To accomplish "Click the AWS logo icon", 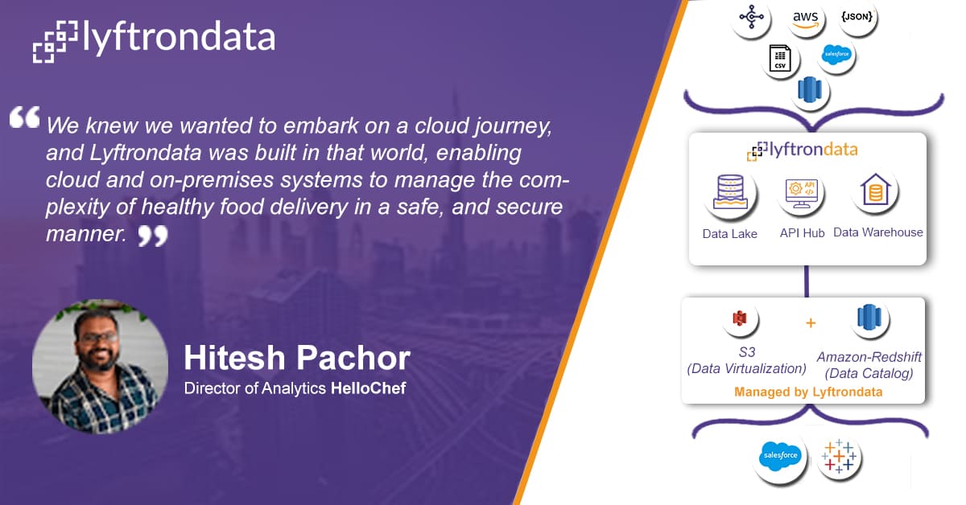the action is click(x=805, y=19).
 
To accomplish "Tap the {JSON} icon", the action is click(x=857, y=16).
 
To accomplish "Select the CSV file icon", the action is click(x=780, y=58).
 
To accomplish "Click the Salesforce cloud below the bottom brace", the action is click(x=780, y=455).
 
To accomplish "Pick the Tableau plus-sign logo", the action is click(x=839, y=456).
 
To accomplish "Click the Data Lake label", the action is click(x=729, y=234).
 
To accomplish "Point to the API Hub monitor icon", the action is click(x=801, y=194).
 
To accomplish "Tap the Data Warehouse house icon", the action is click(x=876, y=190).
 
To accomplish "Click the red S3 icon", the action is click(x=740, y=319).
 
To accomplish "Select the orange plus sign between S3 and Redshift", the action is click(x=811, y=322).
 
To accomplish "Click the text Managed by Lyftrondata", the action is click(x=808, y=392).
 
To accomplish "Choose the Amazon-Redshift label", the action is click(x=869, y=357).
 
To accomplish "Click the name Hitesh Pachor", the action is click(x=297, y=358).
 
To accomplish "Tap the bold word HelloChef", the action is click(x=369, y=388).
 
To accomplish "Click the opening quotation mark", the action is click(x=25, y=117).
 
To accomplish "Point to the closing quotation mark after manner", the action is click(x=153, y=236).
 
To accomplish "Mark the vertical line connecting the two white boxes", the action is click(x=807, y=281).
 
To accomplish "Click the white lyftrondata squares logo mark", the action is click(x=56, y=41).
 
